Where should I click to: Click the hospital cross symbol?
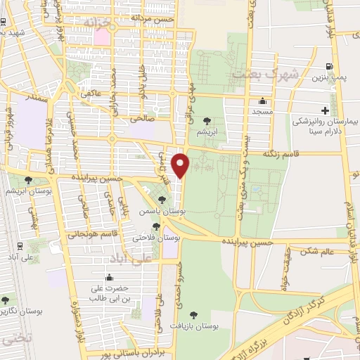[x=325, y=110]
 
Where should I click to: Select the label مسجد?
[x=262, y=111]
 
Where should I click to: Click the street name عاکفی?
[x=91, y=93]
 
